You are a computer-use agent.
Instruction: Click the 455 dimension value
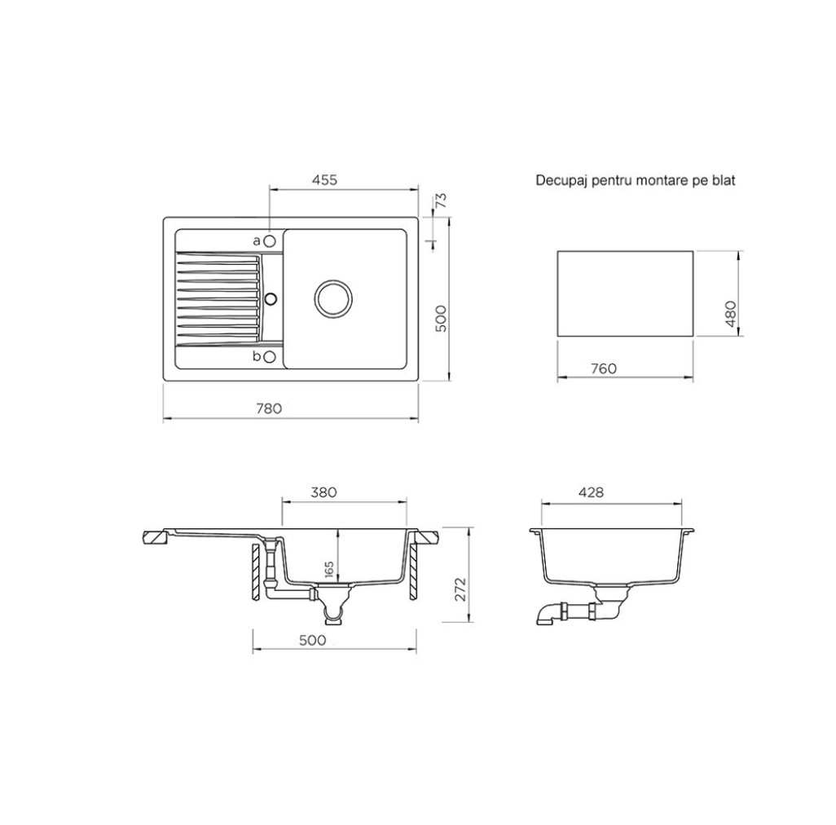click(324, 179)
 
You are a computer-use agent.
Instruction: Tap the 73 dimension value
click(441, 201)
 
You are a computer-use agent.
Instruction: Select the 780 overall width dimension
click(269, 408)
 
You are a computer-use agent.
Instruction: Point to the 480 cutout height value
click(730, 314)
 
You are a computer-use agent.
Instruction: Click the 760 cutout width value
click(604, 368)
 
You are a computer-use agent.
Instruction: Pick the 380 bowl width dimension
click(323, 492)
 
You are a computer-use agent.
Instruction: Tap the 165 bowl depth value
click(328, 569)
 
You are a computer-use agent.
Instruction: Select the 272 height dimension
click(460, 589)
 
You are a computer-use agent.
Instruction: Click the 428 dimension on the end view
click(591, 492)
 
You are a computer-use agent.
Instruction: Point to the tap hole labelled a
click(270, 241)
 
